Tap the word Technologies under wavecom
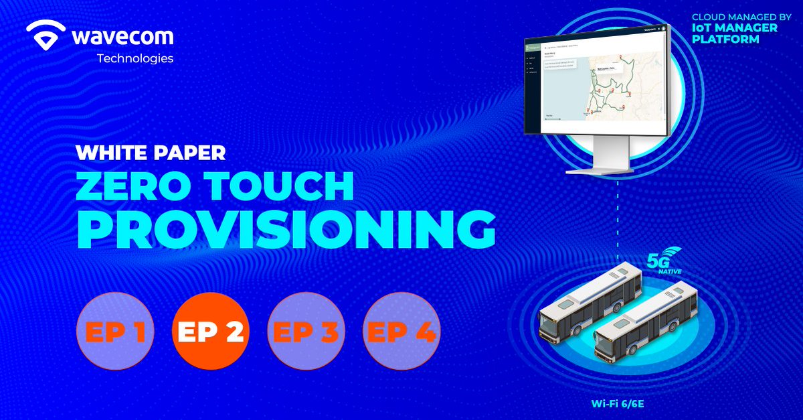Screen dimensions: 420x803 [x=135, y=58]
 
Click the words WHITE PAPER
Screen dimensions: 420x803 [x=151, y=153]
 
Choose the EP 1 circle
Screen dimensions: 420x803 [x=115, y=332]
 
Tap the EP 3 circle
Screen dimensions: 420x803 [x=306, y=332]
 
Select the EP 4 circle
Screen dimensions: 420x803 [x=401, y=332]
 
